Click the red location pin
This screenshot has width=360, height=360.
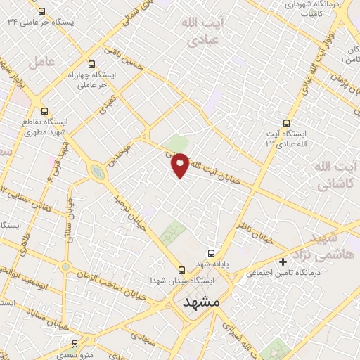pos(180,164)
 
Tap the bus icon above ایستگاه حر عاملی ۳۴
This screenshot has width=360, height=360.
pos(42,11)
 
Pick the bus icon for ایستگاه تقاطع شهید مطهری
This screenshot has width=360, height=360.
pos(46,111)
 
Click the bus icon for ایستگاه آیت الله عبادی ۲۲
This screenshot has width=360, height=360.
pos(285,122)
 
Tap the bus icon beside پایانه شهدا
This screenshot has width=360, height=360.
pos(210,253)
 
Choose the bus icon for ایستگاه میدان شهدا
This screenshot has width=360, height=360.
pos(181,269)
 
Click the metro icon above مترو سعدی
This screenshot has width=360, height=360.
pos(75,343)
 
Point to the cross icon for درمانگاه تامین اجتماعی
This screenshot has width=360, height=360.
pos(283,262)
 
